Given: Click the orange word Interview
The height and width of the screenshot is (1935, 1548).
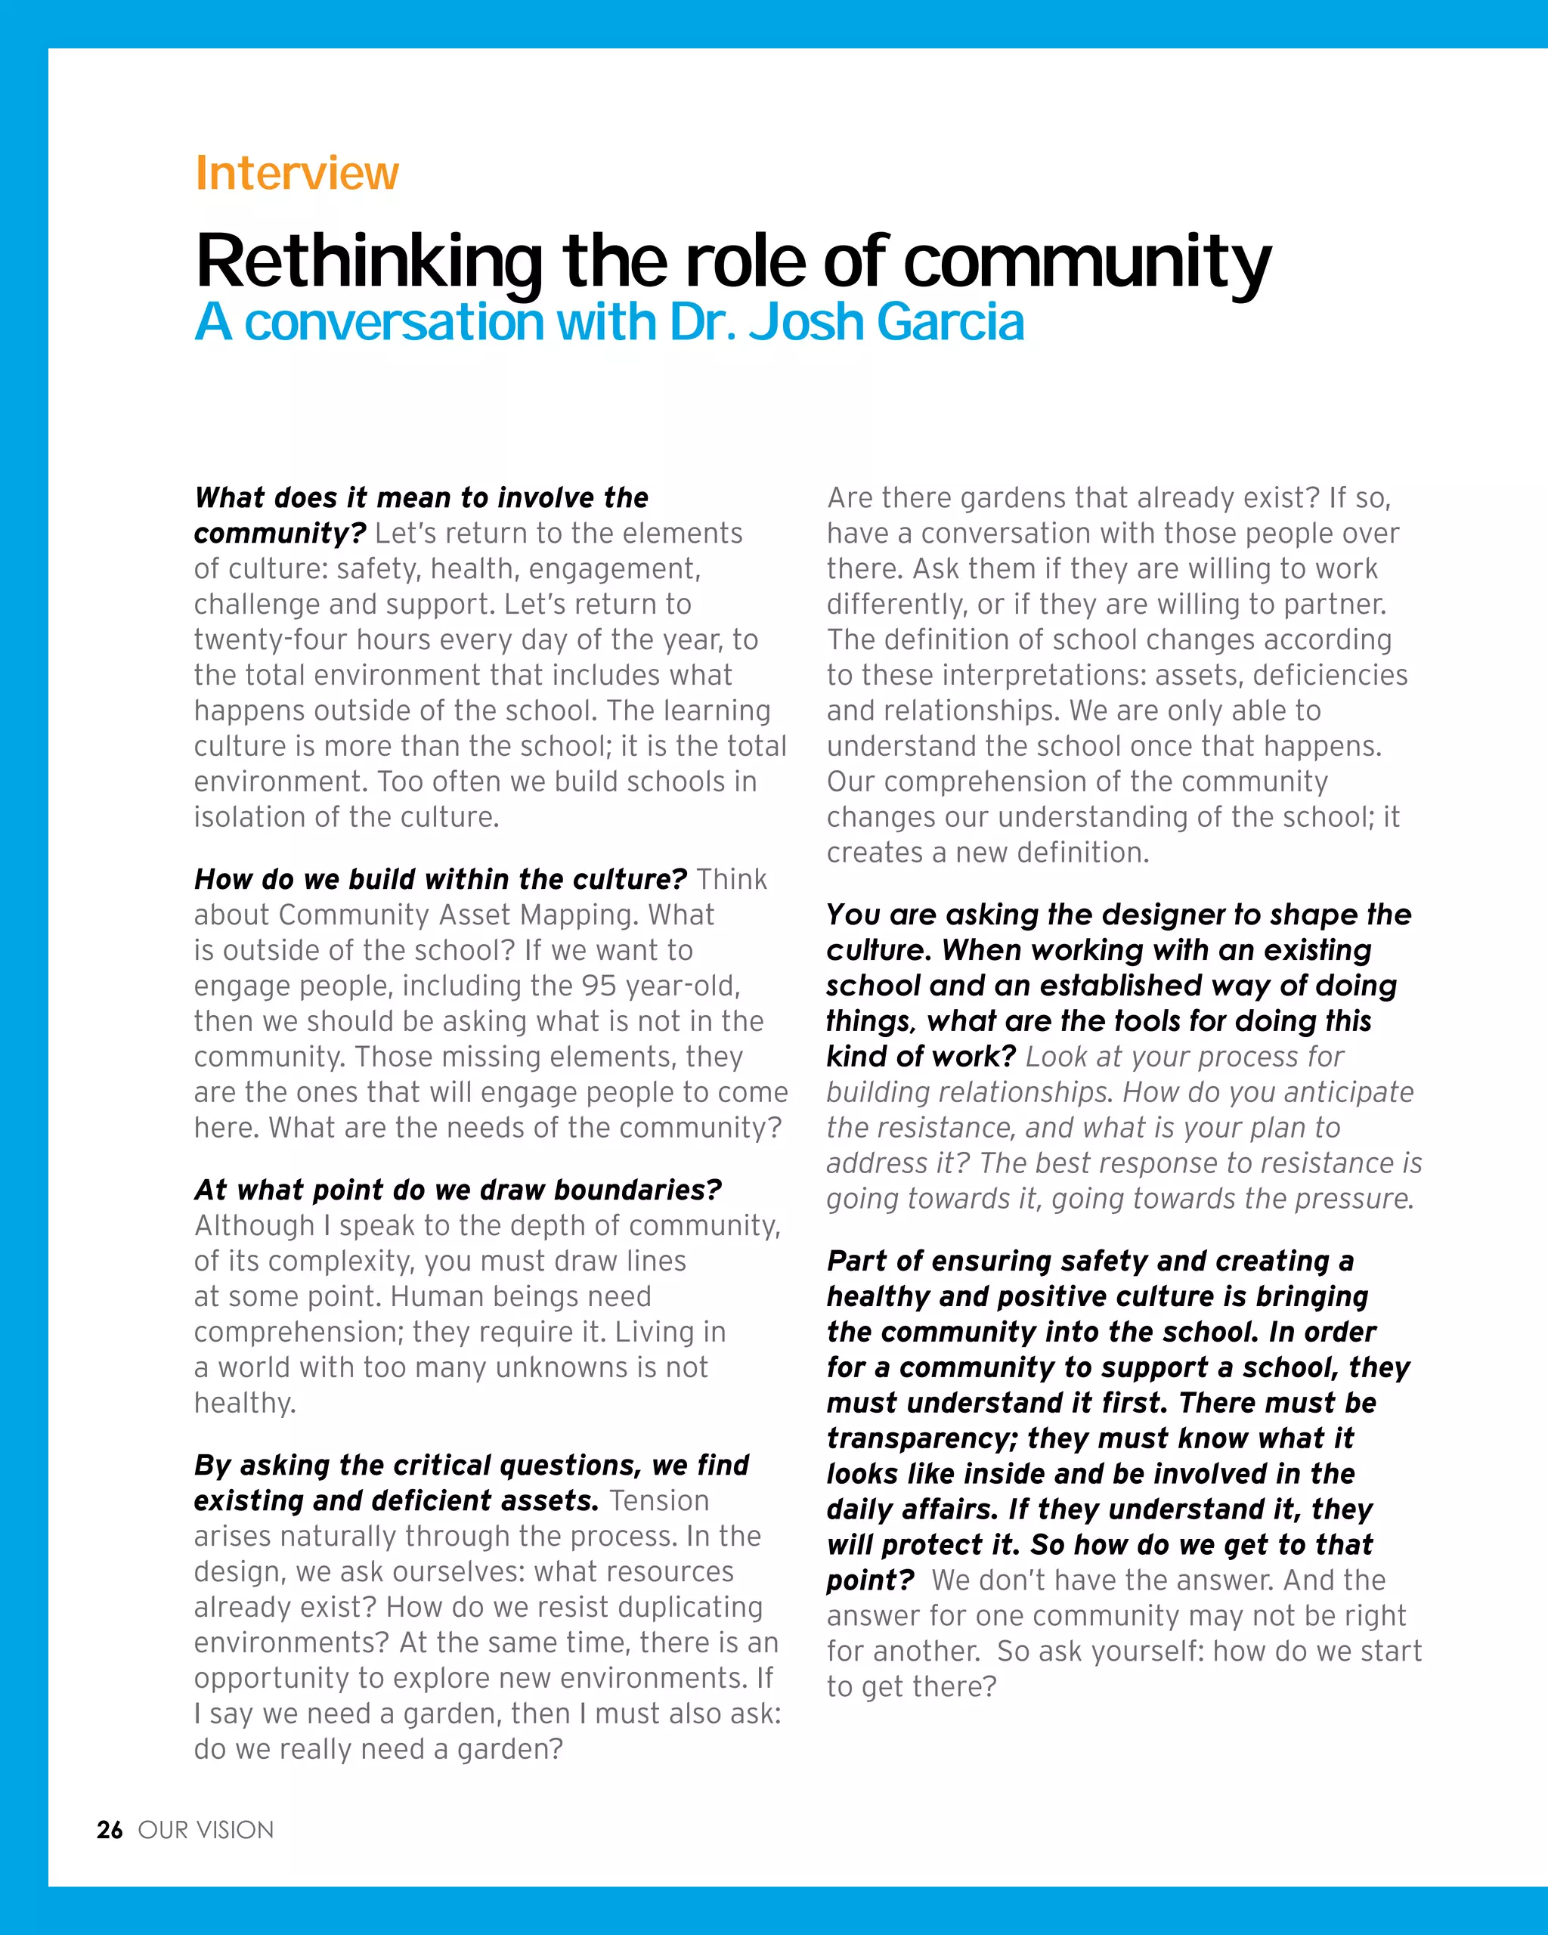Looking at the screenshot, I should pyautogui.click(x=296, y=172).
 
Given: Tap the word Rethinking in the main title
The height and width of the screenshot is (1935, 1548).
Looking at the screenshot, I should pyautogui.click(x=369, y=262).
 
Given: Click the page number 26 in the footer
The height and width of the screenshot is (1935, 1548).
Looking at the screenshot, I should pyautogui.click(x=110, y=1830).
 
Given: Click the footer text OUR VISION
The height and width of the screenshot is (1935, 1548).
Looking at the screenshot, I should pyautogui.click(x=206, y=1830).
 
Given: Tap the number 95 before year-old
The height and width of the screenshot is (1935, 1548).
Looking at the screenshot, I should pyautogui.click(x=599, y=986).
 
